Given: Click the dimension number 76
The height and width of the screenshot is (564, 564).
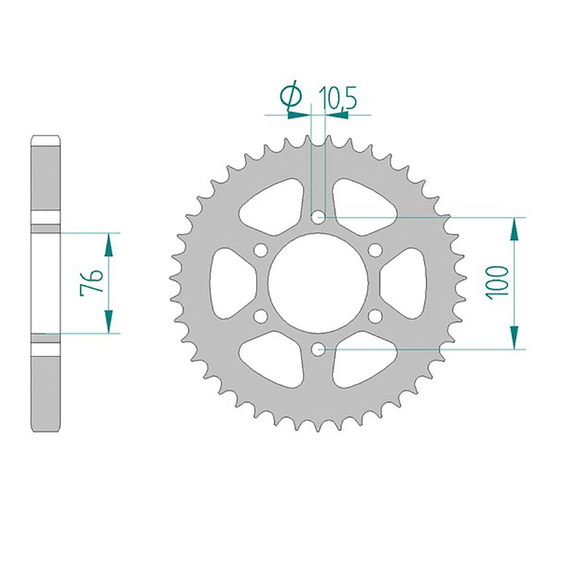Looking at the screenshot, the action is point(92,283).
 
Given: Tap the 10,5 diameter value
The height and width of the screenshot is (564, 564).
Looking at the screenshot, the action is point(338,98).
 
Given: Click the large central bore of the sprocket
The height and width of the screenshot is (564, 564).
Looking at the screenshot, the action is point(318,283).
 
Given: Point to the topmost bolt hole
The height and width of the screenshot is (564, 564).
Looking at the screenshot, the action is point(318,217).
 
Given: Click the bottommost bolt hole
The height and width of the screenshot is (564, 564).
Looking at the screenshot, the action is point(318,349).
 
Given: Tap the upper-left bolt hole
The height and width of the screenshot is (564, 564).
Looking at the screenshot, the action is point(261,251).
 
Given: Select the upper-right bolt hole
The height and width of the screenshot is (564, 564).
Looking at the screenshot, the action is point(375,251).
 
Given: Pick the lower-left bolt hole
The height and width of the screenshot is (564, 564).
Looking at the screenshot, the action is point(261,316).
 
